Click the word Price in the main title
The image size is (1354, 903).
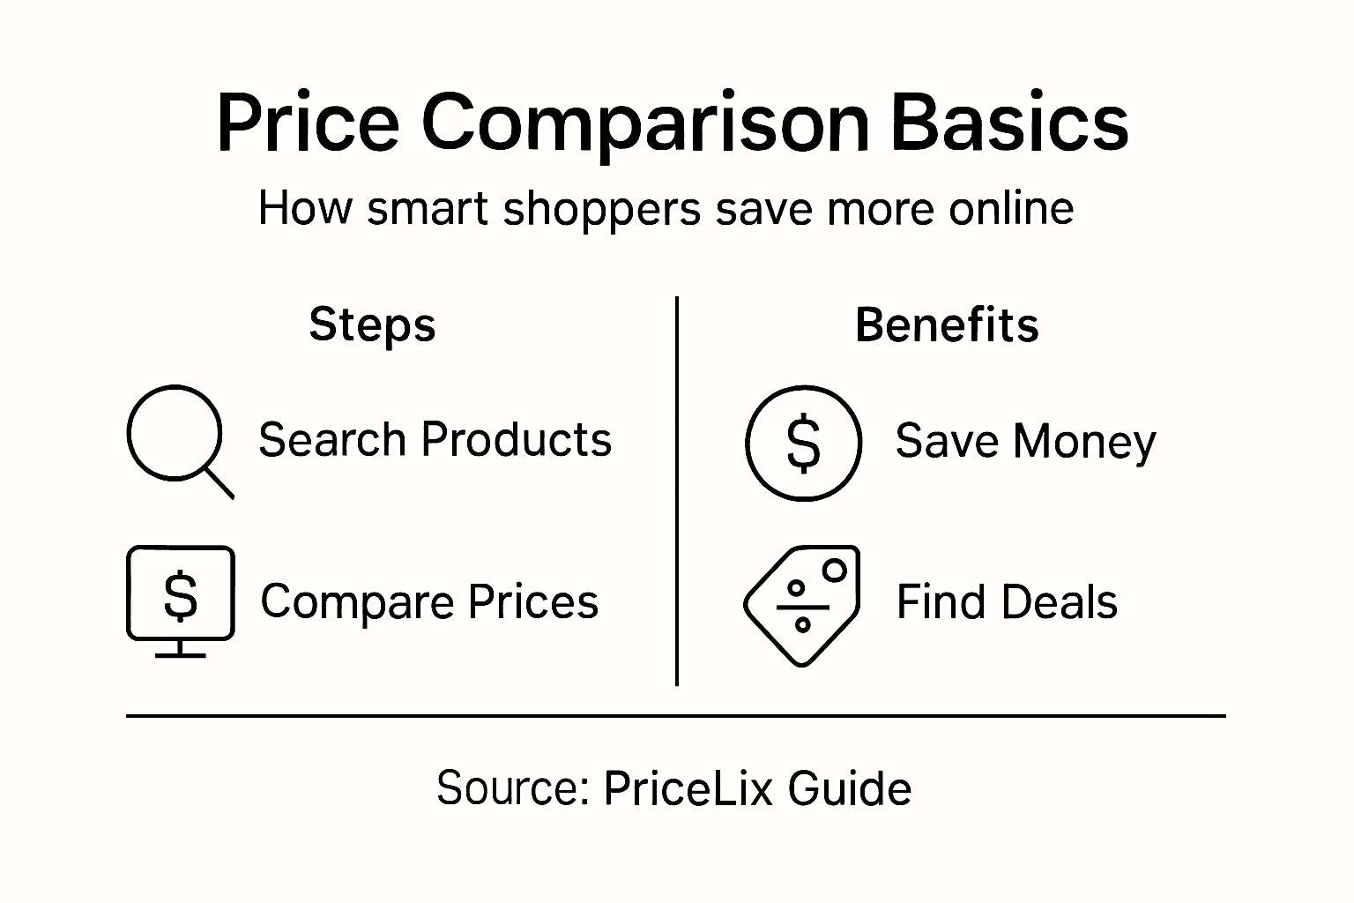tap(308, 123)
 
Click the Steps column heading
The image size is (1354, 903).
tap(372, 325)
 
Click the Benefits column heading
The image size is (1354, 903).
tap(947, 325)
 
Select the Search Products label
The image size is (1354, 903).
tap(435, 439)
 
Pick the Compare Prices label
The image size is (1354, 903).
tap(429, 602)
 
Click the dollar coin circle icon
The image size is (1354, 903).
tap(802, 443)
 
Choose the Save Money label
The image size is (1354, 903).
tap(1025, 441)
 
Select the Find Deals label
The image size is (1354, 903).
tap(1007, 603)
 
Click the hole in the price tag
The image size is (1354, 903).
tap(834, 571)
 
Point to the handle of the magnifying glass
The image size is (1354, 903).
tap(219, 483)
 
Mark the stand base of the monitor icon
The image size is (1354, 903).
tap(181, 655)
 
